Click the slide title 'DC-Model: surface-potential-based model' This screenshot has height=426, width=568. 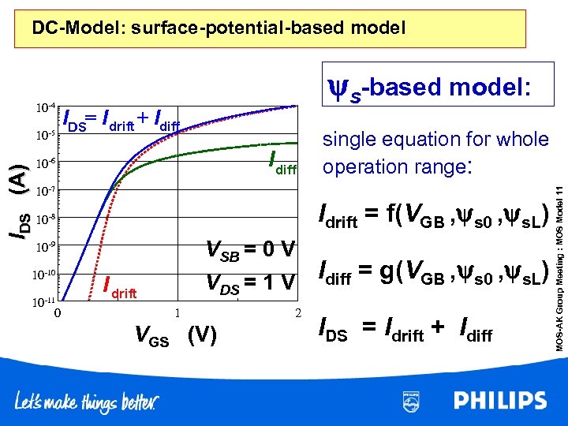tap(219, 29)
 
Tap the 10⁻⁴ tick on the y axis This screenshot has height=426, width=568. tap(44, 106)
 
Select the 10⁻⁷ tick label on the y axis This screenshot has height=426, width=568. tap(44, 191)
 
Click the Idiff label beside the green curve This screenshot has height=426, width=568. tap(282, 162)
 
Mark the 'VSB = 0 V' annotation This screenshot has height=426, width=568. tap(250, 250)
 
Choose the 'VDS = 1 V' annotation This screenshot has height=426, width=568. tap(250, 281)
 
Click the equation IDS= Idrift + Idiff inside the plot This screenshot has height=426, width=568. tap(121, 119)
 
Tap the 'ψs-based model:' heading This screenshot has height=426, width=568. tap(432, 89)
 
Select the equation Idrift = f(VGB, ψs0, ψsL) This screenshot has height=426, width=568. tap(432, 217)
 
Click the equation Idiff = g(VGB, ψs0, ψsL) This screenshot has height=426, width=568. tap(432, 274)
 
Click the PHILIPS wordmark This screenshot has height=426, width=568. tap(500, 401)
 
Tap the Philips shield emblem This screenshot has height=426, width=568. tap(411, 401)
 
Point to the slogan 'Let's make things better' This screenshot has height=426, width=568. tap(86, 402)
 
